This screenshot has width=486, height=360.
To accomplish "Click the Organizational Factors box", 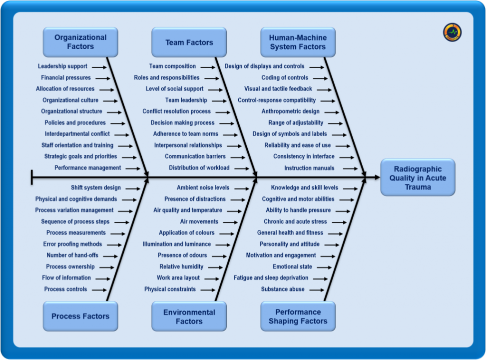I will coord(80,42).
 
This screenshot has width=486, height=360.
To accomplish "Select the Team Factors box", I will coord(189,42).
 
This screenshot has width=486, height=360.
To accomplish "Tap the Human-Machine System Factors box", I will coord(298,42).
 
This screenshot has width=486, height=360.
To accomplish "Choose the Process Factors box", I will coord(80,316).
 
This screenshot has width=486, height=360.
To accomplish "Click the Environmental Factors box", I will coord(189,316).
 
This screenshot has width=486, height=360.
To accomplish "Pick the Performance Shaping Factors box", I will coord(298,316).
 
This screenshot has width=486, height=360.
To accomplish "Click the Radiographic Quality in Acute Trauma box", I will coord(418,177).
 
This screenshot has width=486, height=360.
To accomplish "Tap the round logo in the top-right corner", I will coord(452,32).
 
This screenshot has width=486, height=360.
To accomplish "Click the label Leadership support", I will coord(62,66).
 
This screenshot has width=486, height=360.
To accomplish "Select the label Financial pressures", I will coord(66,77).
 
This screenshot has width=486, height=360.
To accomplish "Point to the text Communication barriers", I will coord(195,156).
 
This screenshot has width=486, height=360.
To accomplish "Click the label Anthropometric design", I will coord(291,111).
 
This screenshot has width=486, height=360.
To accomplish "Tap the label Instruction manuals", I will coord(309,168).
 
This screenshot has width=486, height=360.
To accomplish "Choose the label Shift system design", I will coord(95,188).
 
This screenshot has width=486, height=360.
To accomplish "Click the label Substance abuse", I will coord(283,289).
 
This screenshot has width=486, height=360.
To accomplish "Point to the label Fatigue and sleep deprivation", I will coord(271,278).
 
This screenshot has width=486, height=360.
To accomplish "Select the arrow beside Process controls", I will coord(99,289).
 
